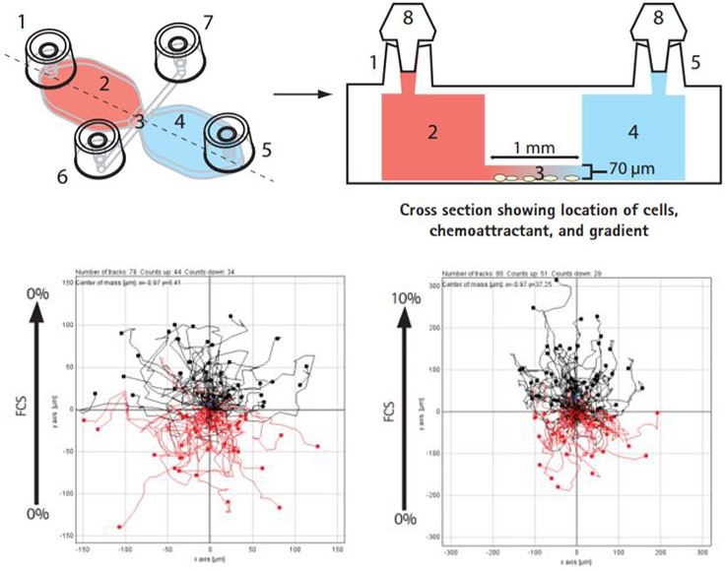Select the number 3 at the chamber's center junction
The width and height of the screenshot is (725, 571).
(x=142, y=122)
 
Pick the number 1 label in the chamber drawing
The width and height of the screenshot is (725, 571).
(x=19, y=17)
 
